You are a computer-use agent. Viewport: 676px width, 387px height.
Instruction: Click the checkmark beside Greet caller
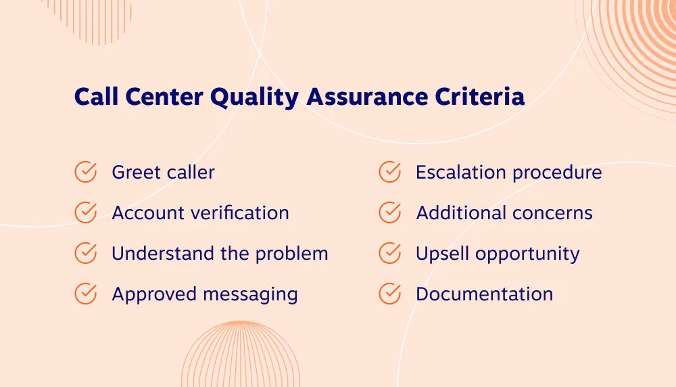tap(85, 172)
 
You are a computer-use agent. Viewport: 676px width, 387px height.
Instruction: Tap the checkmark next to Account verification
tap(85, 212)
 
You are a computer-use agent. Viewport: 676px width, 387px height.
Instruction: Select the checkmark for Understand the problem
tap(85, 253)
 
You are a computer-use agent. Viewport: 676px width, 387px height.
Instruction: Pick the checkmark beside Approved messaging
tap(85, 294)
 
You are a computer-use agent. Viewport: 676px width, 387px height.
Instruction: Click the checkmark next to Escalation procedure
tap(389, 172)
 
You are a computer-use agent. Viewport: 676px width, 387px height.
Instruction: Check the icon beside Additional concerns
tap(389, 212)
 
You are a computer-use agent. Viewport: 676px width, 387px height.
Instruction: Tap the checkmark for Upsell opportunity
tap(389, 253)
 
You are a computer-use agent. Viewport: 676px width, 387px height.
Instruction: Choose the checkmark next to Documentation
tap(389, 294)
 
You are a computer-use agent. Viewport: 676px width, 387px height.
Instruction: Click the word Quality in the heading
tap(254, 97)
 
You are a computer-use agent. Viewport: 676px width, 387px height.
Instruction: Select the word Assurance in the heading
tap(365, 97)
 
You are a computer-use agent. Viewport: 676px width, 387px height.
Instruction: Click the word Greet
tap(134, 173)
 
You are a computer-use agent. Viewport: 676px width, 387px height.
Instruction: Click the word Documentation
tap(484, 294)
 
